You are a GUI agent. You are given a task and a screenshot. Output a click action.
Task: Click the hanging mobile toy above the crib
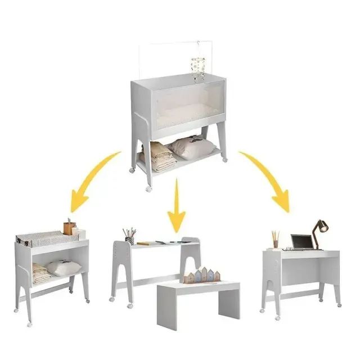[x=198, y=67]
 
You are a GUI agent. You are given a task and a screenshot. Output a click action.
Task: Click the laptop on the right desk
[x=301, y=242]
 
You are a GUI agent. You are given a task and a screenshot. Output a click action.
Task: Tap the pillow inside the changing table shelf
[x=63, y=268]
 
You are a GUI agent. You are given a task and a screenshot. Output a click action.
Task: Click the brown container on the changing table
[x=69, y=228]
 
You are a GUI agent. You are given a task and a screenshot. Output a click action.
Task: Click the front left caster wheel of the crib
[x=149, y=188]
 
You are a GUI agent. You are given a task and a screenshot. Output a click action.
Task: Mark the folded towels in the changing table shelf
[x=40, y=274]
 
